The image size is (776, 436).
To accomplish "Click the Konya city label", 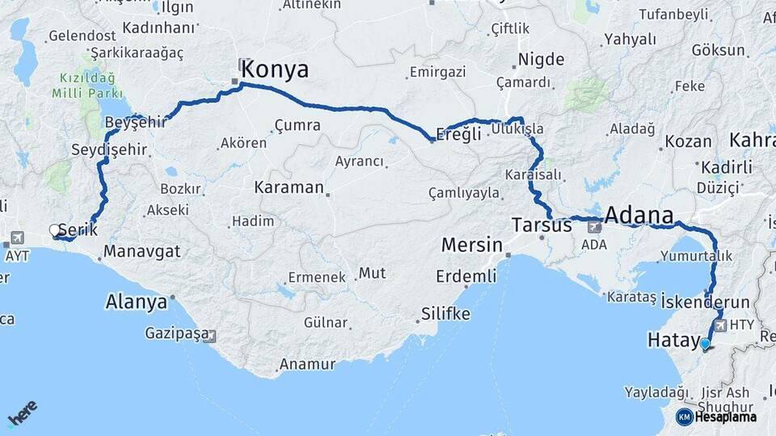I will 275,69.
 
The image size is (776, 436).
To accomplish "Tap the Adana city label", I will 639,216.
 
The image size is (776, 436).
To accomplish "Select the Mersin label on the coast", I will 472,245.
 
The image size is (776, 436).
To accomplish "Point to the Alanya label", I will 136,302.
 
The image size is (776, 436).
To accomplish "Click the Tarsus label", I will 542,225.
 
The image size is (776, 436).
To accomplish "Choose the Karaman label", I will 289,187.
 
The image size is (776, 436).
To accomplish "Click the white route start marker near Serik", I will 55,230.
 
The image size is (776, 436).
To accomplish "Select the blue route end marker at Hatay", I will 705,344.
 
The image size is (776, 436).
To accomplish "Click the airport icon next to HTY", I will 719,325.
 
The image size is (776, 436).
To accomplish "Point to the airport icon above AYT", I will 17,238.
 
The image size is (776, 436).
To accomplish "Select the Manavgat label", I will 142,251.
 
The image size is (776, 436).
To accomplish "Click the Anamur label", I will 307,365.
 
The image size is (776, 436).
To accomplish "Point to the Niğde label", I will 541,59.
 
